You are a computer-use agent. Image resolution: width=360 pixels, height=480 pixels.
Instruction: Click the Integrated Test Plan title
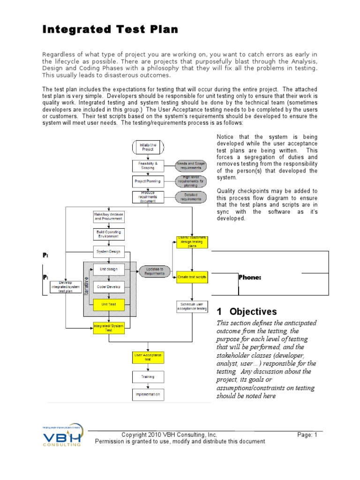point(111,30)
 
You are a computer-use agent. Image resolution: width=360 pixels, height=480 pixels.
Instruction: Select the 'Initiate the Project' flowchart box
point(148,146)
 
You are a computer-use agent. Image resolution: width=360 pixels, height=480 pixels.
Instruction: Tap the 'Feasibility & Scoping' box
point(148,165)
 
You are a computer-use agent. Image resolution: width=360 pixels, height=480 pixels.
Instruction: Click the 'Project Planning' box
point(148,181)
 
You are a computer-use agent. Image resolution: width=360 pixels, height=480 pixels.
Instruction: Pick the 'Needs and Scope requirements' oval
point(191,165)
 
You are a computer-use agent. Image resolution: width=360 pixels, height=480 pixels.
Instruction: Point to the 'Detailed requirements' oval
point(191,197)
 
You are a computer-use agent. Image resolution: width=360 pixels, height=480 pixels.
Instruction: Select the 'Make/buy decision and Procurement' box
point(108,216)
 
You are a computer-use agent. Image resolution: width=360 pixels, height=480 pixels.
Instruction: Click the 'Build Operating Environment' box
point(108,233)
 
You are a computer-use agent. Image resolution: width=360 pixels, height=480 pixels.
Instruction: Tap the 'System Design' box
point(108,252)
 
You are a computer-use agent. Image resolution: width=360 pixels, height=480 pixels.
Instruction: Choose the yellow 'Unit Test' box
point(108,305)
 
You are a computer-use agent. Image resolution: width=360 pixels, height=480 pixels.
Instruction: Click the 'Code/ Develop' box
point(108,287)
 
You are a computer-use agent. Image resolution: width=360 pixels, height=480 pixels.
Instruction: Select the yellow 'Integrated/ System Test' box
point(108,328)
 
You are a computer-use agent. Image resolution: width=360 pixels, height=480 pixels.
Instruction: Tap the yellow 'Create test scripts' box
point(192,277)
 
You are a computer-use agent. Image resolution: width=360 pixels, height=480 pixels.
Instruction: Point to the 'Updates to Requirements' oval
point(155,271)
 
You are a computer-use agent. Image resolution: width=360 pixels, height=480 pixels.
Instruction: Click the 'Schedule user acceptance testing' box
point(192,307)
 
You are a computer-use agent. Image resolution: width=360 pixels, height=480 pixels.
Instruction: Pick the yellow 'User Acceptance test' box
point(148,358)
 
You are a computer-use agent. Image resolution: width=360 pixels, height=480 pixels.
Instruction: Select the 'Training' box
point(148,376)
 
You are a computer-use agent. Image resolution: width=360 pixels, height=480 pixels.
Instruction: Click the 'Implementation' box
point(148,395)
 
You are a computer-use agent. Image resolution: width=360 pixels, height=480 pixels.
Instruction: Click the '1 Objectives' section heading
point(247,312)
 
